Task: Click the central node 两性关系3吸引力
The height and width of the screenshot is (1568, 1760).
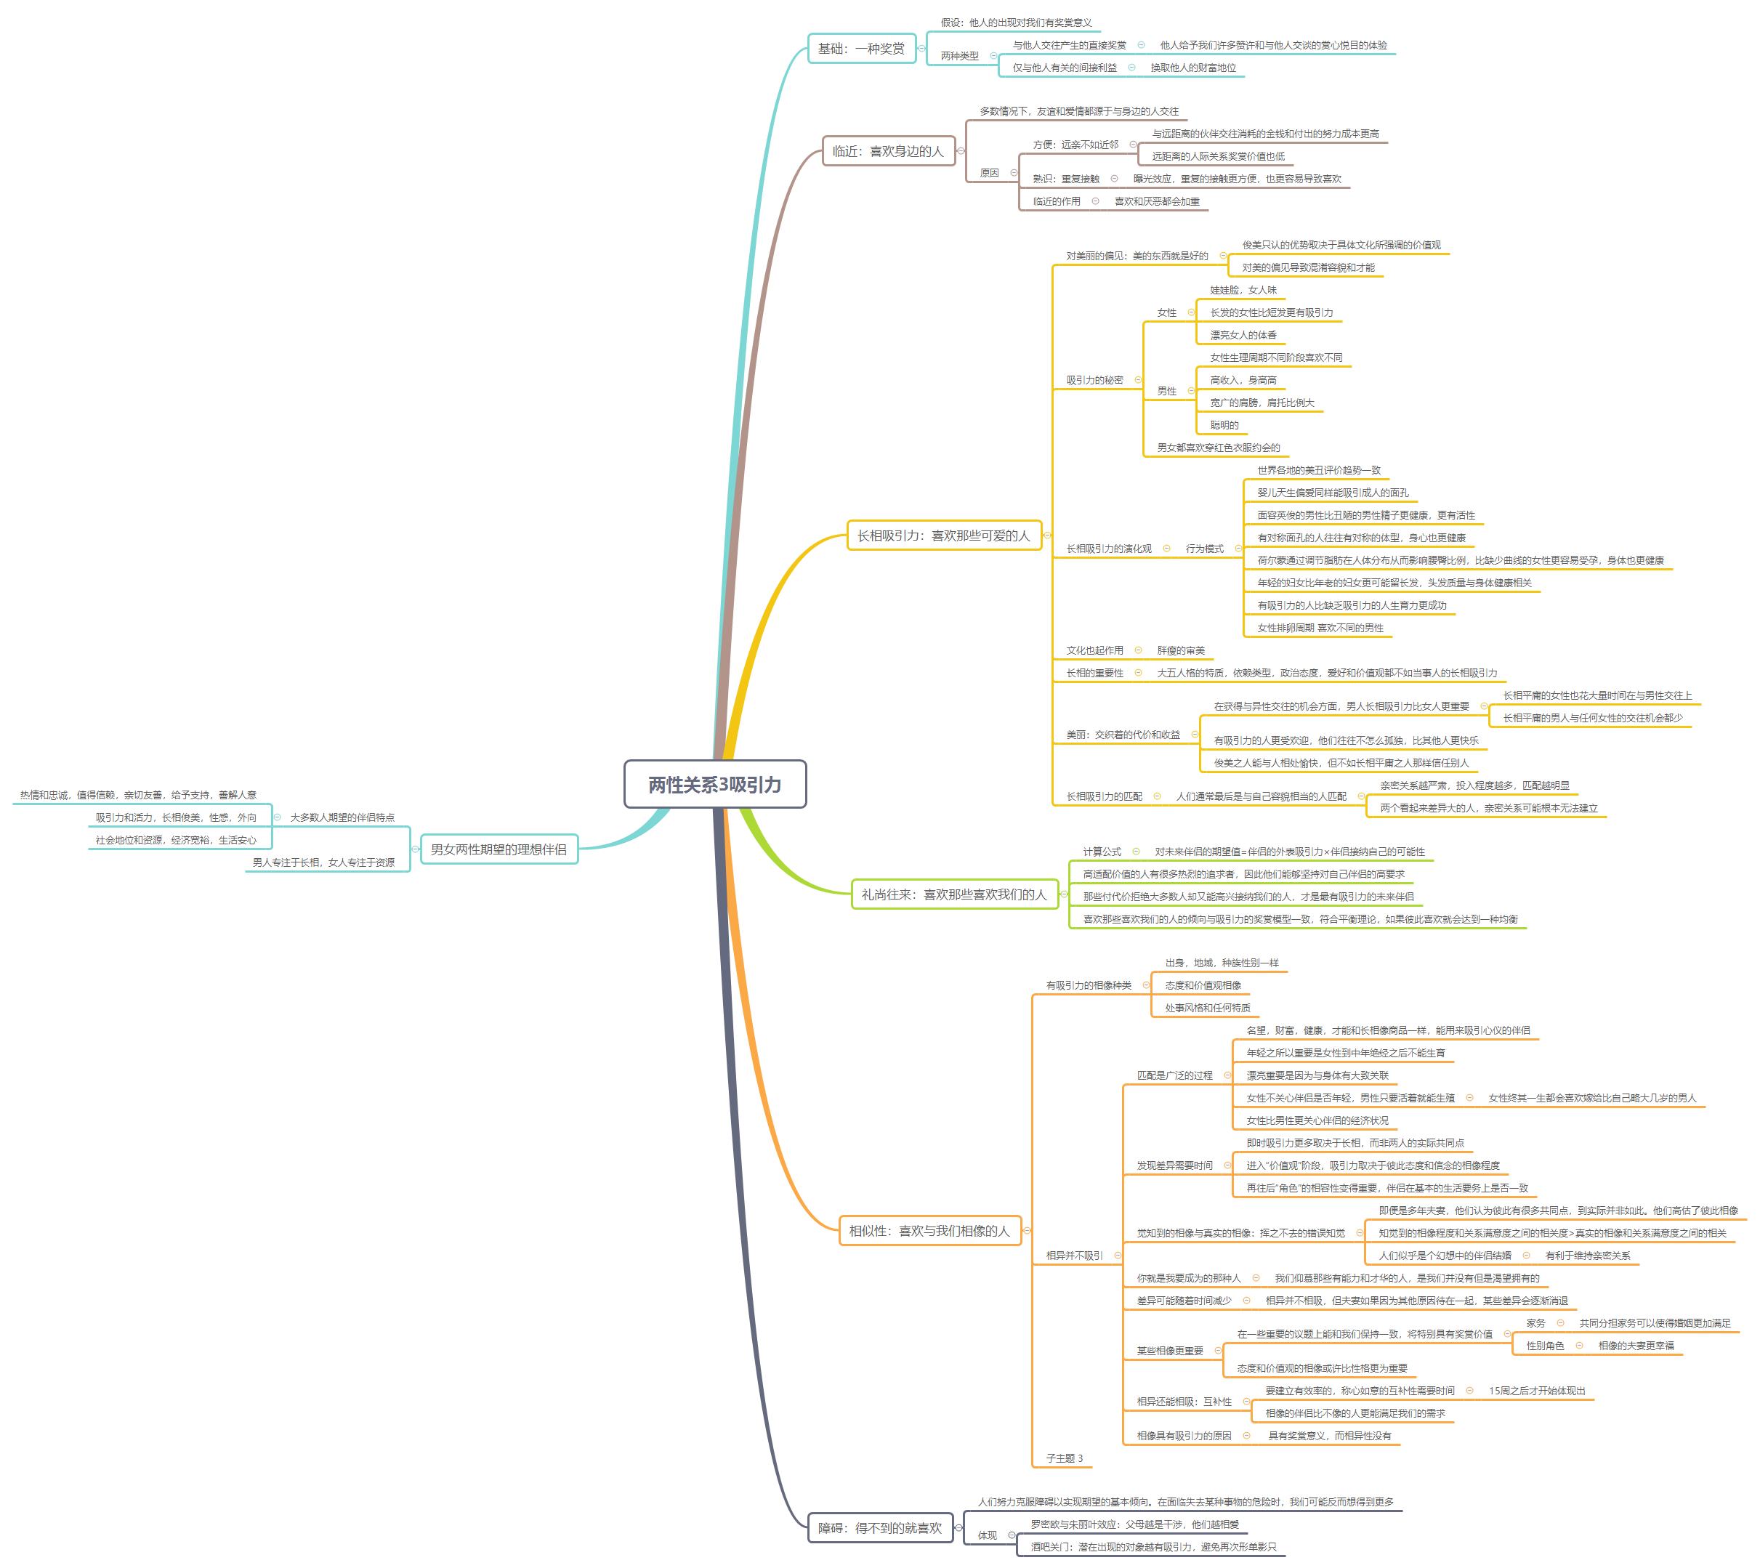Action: pos(714,784)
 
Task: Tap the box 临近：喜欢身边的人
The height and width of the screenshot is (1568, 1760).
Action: pos(887,151)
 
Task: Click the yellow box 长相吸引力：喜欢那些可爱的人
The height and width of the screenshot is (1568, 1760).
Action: pos(943,535)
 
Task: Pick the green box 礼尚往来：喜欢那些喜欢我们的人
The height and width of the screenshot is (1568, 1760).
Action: pos(953,894)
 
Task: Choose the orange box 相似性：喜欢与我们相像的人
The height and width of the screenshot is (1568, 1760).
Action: pos(929,1230)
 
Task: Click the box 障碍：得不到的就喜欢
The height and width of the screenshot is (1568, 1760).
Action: pos(879,1527)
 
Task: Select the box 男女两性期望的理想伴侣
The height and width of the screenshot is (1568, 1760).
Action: pos(498,849)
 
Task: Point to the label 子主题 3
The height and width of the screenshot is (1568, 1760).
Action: pos(1064,1458)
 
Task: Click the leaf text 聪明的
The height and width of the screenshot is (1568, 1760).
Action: pos(1224,425)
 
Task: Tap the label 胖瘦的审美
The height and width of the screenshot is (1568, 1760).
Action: pos(1180,650)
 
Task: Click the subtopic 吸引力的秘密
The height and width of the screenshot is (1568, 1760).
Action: pos(1094,380)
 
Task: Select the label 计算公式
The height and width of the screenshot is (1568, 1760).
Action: pos(1102,851)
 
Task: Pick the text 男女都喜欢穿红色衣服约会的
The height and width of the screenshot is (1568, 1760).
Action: pos(1218,447)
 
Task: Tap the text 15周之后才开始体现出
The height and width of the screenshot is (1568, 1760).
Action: pos(1536,1391)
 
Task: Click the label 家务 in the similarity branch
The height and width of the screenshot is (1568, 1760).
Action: pos(1535,1322)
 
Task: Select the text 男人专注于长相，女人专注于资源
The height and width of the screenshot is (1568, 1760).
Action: pos(323,862)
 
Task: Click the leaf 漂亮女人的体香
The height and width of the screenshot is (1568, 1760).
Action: pos(1243,335)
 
